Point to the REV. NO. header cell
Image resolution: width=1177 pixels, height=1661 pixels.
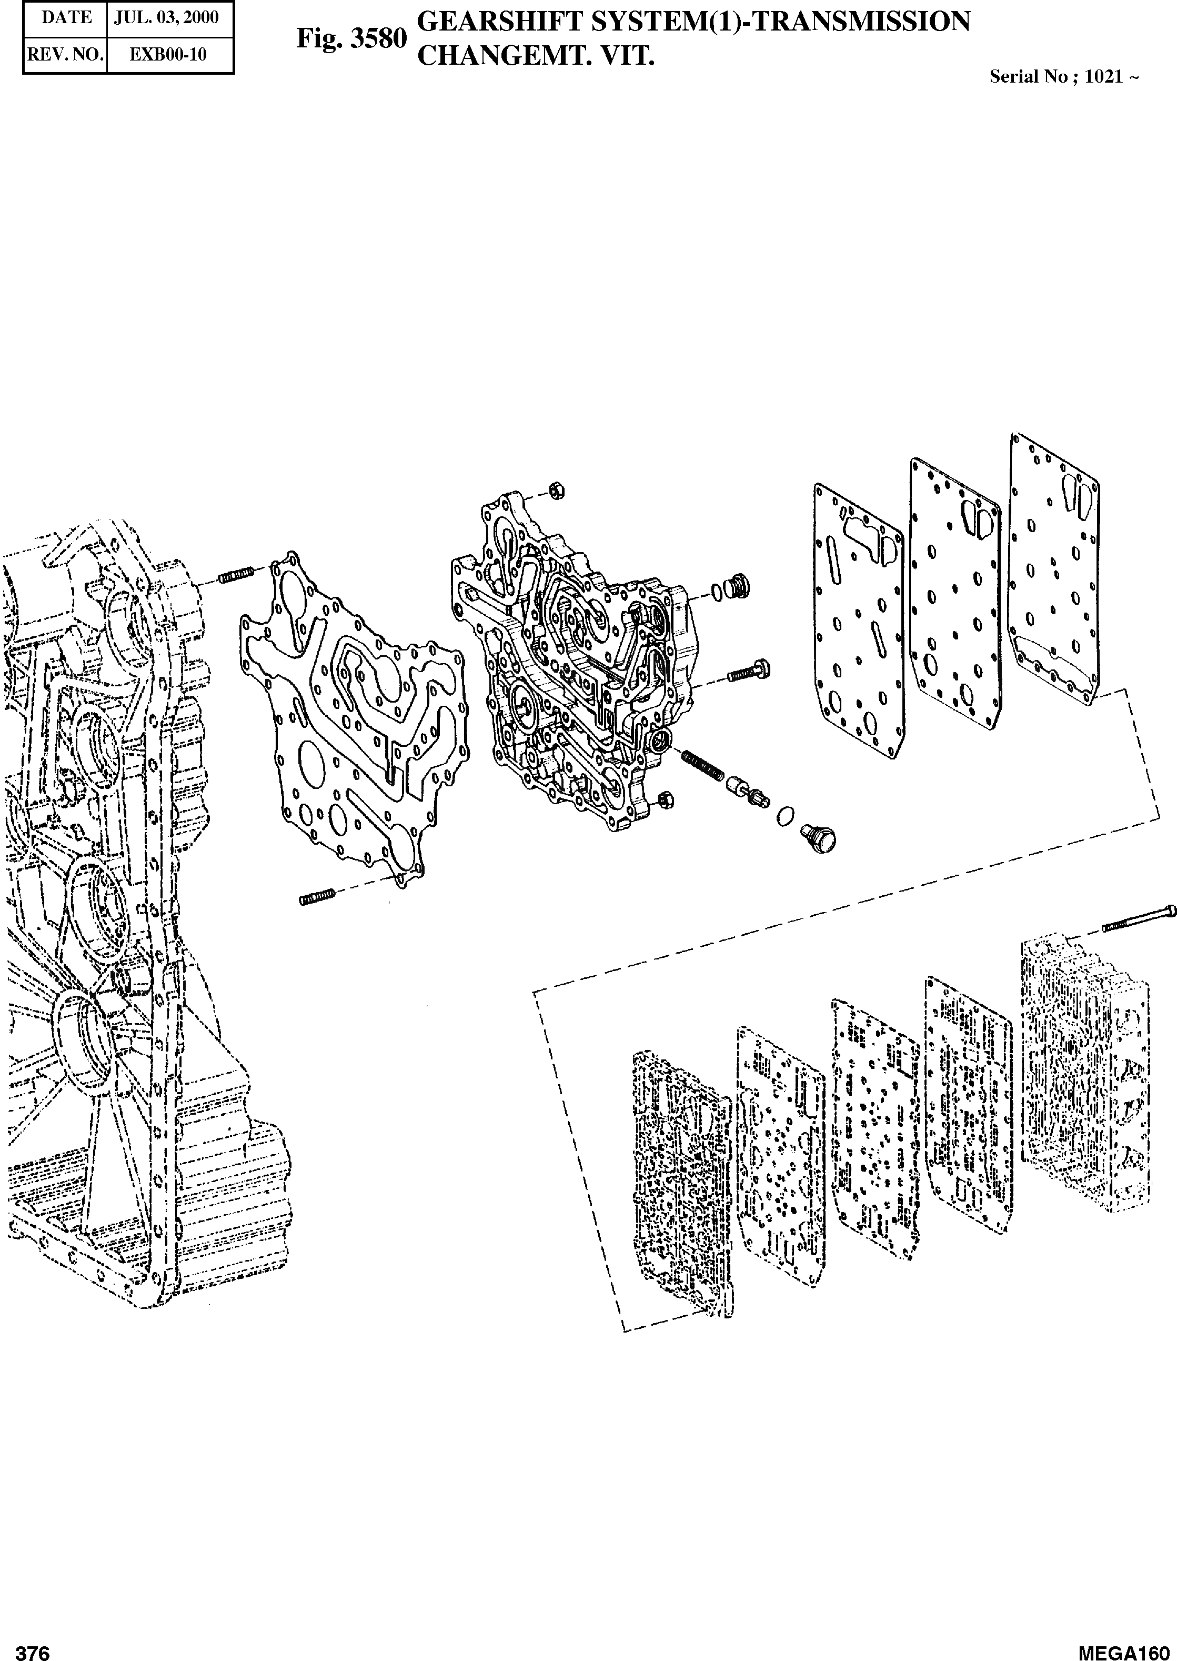66,55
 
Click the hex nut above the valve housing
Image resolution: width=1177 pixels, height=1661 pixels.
557,492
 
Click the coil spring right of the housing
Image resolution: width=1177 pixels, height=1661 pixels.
702,765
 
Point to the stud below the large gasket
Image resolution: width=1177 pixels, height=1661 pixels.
315,897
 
